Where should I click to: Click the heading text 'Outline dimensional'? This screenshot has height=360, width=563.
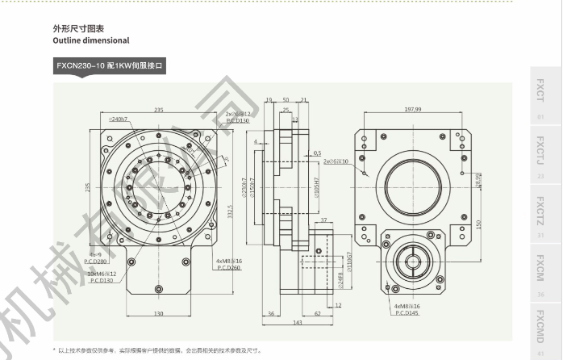[90, 40]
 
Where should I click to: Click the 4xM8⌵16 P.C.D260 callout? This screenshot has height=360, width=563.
[228, 264]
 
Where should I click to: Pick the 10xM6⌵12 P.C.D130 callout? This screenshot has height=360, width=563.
[101, 277]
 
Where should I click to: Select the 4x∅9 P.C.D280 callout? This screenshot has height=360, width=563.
[96, 258]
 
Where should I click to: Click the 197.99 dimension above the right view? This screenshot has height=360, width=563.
[413, 108]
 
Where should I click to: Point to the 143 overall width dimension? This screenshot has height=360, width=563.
[298, 322]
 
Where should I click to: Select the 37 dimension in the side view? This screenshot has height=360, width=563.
[323, 220]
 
